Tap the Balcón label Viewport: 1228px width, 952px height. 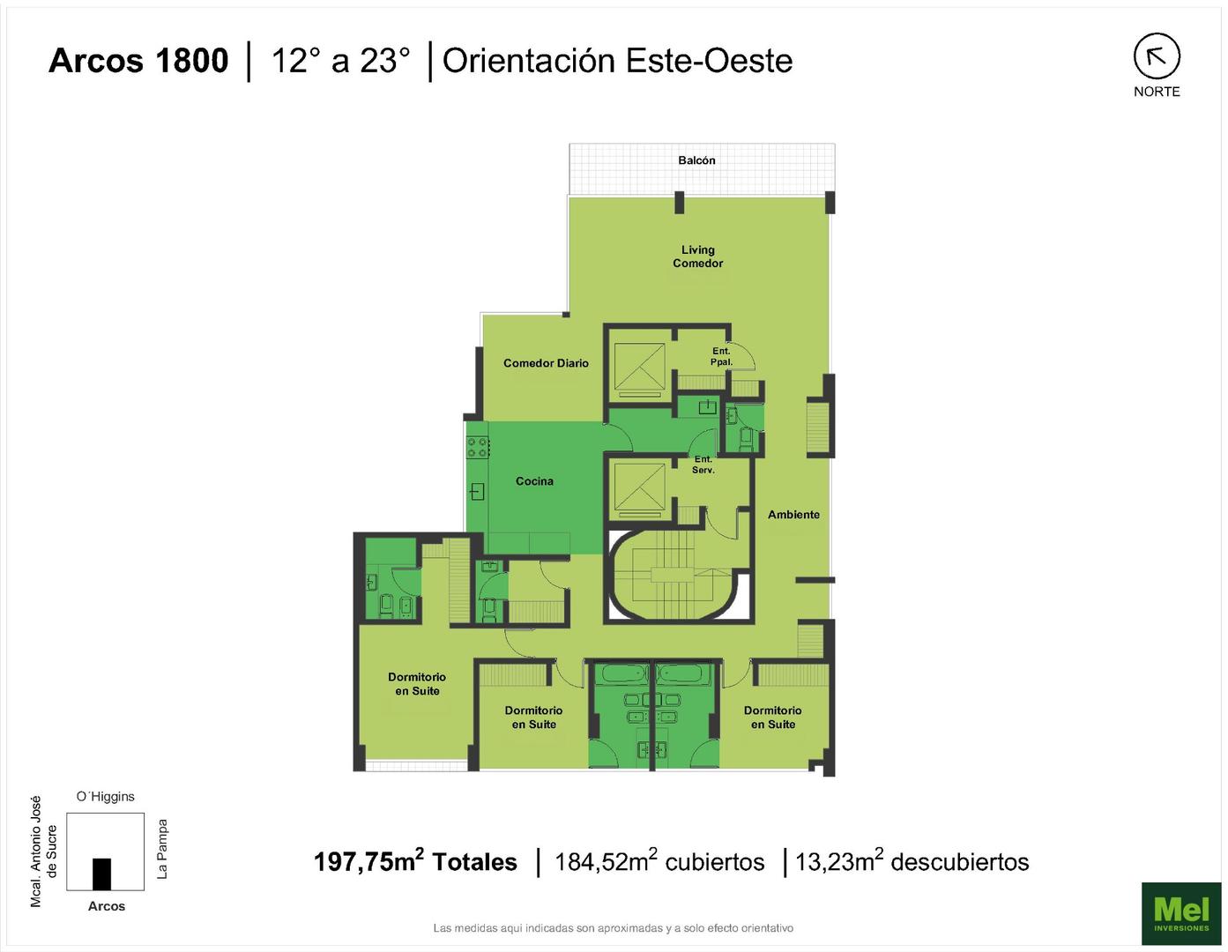(x=696, y=160)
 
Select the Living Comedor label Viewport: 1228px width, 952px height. (x=697, y=257)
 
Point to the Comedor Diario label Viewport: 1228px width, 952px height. (x=546, y=363)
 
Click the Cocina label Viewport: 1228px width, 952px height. (x=534, y=481)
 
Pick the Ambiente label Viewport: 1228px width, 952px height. (x=793, y=515)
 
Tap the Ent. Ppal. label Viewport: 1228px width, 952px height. (x=721, y=356)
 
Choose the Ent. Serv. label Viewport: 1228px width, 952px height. (x=703, y=465)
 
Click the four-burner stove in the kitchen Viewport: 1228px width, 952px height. (x=477, y=447)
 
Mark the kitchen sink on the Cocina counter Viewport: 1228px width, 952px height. (x=478, y=492)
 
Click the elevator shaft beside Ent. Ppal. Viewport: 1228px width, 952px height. (x=639, y=368)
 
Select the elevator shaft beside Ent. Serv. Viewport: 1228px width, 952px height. (x=639, y=489)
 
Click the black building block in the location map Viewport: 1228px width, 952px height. (x=101, y=874)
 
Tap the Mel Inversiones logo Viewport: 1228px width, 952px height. (x=1181, y=912)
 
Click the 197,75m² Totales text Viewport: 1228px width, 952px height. (x=415, y=861)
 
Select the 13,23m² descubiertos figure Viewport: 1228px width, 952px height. (x=912, y=861)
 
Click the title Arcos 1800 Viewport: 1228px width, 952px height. (x=138, y=61)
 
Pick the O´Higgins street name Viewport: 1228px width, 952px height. (x=106, y=797)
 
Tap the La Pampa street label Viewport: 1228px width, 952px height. (x=162, y=849)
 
